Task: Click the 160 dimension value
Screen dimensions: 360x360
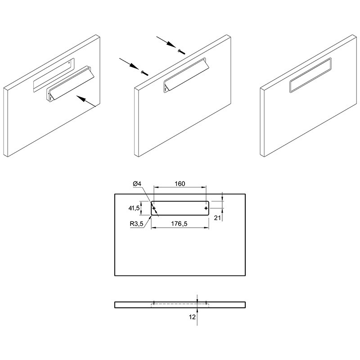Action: [180, 184]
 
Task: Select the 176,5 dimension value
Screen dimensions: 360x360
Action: [179, 223]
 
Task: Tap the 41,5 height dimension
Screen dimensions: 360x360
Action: [134, 208]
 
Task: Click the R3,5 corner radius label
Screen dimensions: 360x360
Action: [137, 224]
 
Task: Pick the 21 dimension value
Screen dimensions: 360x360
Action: [217, 218]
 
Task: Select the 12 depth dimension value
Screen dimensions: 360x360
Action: [192, 317]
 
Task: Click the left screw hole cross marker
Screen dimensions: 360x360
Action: [154, 208]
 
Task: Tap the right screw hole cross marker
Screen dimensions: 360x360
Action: [206, 208]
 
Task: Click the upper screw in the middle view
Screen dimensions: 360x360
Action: [181, 52]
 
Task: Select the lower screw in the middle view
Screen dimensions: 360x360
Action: [145, 73]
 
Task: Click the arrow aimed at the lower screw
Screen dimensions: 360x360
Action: [129, 63]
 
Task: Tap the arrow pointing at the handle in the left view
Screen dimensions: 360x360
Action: [86, 101]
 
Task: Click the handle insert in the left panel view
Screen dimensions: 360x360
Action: [70, 84]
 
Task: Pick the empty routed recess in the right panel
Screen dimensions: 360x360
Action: [310, 75]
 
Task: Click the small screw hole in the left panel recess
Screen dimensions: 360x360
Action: [69, 62]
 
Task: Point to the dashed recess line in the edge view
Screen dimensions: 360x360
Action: [180, 304]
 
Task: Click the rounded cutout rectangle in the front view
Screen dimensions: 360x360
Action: [180, 201]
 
